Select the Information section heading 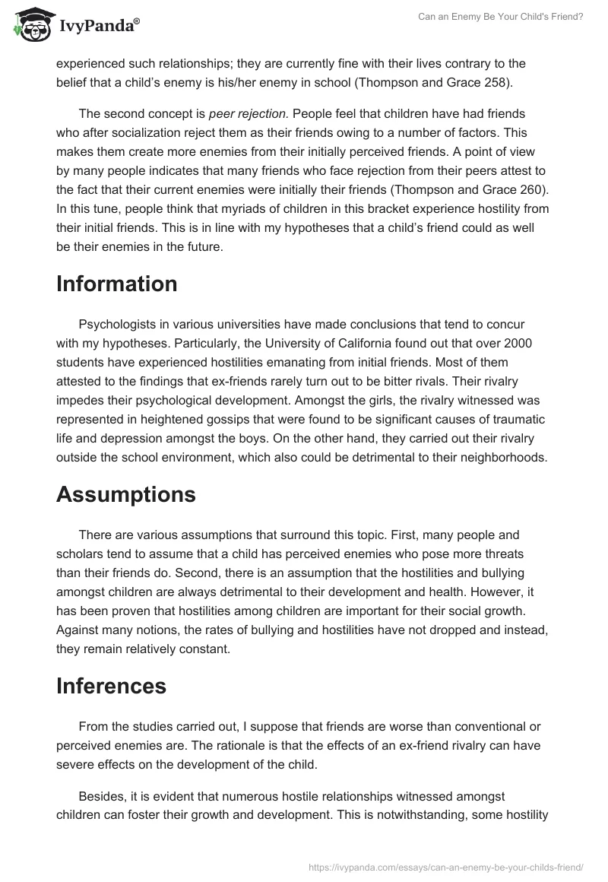tap(117, 284)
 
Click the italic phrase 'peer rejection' tap(248, 114)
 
